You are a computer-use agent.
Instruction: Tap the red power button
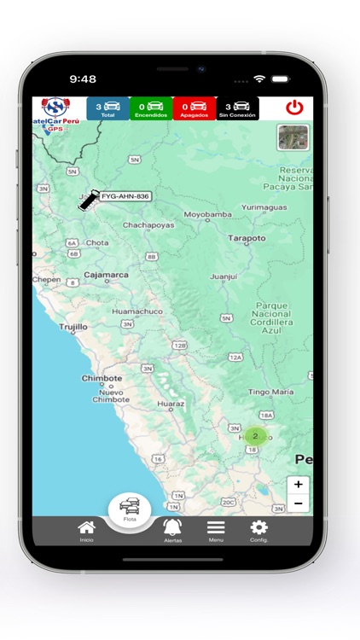pyautogui.click(x=294, y=108)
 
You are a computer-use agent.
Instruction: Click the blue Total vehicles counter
pyautogui.click(x=107, y=108)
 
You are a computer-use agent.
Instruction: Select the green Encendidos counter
pyautogui.click(x=151, y=108)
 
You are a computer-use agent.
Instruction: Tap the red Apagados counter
pyautogui.click(x=194, y=108)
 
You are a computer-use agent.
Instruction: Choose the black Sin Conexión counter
pyautogui.click(x=237, y=108)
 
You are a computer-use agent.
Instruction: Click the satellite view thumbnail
pyautogui.click(x=293, y=137)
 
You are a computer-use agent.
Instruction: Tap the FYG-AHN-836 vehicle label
pyautogui.click(x=125, y=196)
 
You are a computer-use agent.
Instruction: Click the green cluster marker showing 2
pyautogui.click(x=254, y=436)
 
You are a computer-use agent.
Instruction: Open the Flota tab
pyautogui.click(x=130, y=509)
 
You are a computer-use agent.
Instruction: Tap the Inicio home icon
pyautogui.click(x=86, y=530)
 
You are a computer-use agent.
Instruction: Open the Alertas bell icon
pyautogui.click(x=172, y=530)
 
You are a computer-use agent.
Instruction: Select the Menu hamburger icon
pyautogui.click(x=216, y=530)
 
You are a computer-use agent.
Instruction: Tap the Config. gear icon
pyautogui.click(x=258, y=530)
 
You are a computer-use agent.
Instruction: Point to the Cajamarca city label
pyautogui.click(x=106, y=275)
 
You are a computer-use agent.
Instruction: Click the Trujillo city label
pyautogui.click(x=73, y=327)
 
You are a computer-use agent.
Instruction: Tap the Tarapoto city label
pyautogui.click(x=247, y=238)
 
